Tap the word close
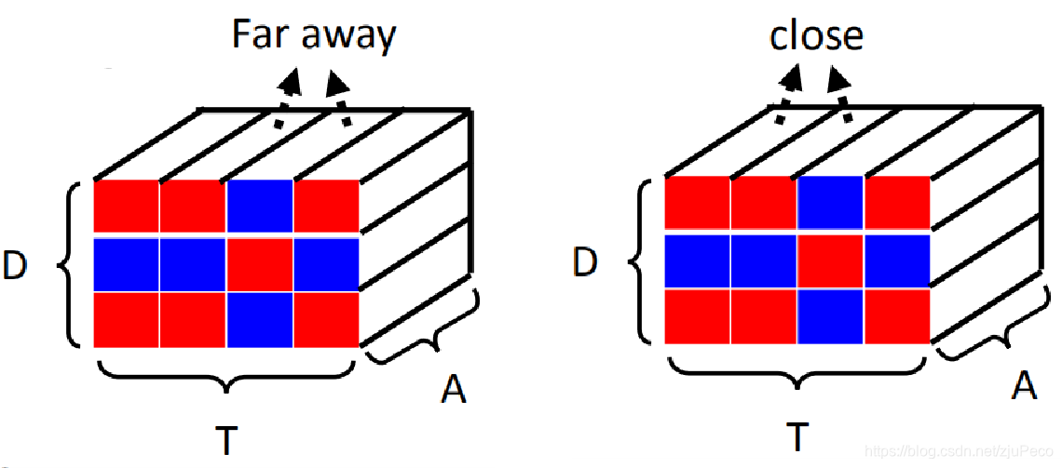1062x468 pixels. click(x=816, y=36)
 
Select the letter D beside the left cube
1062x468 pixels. click(x=16, y=266)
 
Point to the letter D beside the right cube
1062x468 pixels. click(x=585, y=264)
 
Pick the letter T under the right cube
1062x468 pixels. click(x=796, y=435)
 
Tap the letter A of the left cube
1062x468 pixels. click(x=453, y=391)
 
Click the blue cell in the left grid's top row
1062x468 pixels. click(x=259, y=206)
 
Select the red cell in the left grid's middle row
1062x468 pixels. click(x=259, y=266)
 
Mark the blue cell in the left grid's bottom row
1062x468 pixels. click(x=259, y=319)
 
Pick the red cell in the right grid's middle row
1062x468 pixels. click(x=830, y=261)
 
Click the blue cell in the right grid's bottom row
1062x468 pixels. click(x=830, y=315)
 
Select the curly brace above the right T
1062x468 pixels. click(x=796, y=373)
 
